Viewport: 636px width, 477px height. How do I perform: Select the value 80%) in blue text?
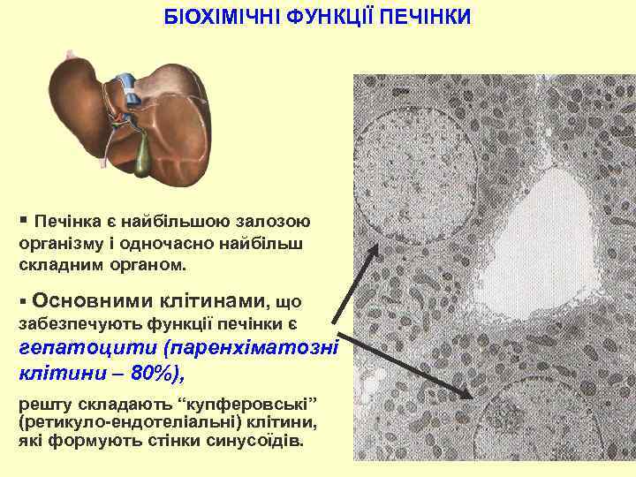158,372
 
